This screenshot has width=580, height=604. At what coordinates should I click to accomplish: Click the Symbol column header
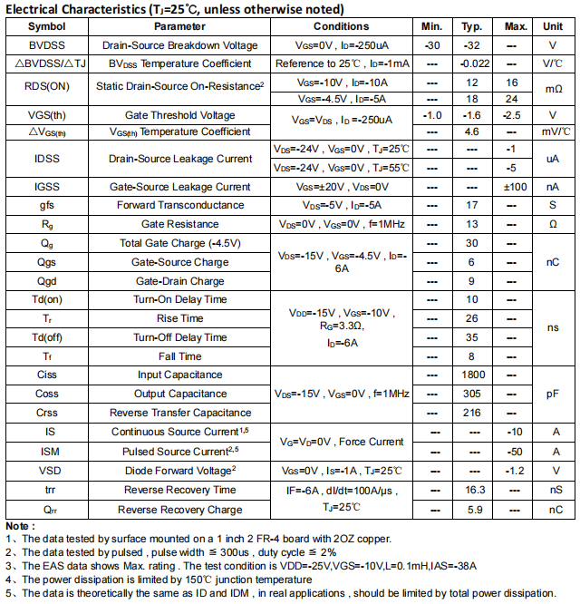(47, 27)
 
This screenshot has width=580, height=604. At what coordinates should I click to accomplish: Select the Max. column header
(516, 27)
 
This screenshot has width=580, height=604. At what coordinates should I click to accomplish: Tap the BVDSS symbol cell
(47, 45)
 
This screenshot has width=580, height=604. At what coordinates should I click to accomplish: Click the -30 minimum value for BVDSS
(432, 45)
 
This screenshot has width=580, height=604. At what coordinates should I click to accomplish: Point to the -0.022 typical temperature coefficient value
(474, 63)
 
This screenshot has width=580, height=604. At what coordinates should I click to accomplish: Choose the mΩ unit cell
(553, 90)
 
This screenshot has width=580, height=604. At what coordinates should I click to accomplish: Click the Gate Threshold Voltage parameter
(179, 115)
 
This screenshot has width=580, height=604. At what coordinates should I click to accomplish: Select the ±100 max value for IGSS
(516, 187)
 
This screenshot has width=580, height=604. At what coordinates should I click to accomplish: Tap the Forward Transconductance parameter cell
(179, 205)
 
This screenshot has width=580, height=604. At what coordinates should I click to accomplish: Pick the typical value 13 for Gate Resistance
(472, 224)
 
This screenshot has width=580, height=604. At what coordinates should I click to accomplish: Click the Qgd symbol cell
(47, 281)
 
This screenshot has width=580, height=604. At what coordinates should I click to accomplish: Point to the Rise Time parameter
(179, 318)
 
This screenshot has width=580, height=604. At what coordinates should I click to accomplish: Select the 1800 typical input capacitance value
(473, 375)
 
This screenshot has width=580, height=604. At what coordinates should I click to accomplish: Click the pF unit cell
(553, 394)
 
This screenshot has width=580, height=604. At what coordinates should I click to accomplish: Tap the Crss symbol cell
(47, 413)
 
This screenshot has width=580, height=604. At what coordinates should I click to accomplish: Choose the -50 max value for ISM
(515, 451)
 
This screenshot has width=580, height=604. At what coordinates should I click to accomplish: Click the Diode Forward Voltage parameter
(179, 470)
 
